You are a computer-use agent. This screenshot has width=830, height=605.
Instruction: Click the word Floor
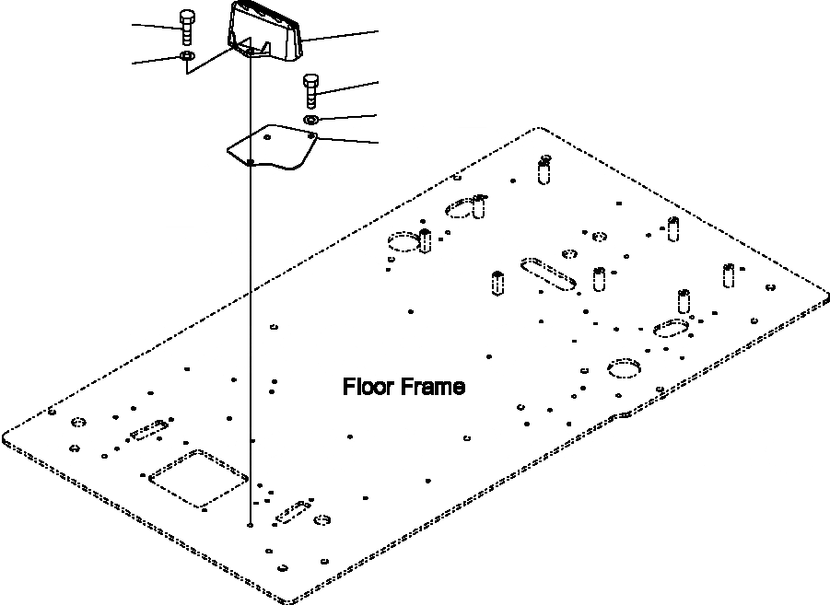click(368, 387)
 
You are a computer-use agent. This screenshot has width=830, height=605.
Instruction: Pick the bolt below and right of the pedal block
click(310, 91)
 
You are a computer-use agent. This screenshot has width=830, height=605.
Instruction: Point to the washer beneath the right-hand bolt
click(311, 120)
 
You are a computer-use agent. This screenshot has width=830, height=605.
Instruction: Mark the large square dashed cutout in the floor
click(199, 478)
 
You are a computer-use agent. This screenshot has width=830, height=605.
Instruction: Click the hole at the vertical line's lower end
click(251, 526)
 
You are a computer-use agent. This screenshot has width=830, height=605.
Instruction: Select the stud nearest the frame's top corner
click(545, 170)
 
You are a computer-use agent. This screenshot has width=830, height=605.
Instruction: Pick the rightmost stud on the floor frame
click(728, 274)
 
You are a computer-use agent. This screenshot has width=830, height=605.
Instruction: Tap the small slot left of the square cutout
click(148, 432)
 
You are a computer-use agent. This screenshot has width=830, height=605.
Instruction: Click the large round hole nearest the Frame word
click(624, 367)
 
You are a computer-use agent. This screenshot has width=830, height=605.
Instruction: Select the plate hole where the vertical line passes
click(251, 161)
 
